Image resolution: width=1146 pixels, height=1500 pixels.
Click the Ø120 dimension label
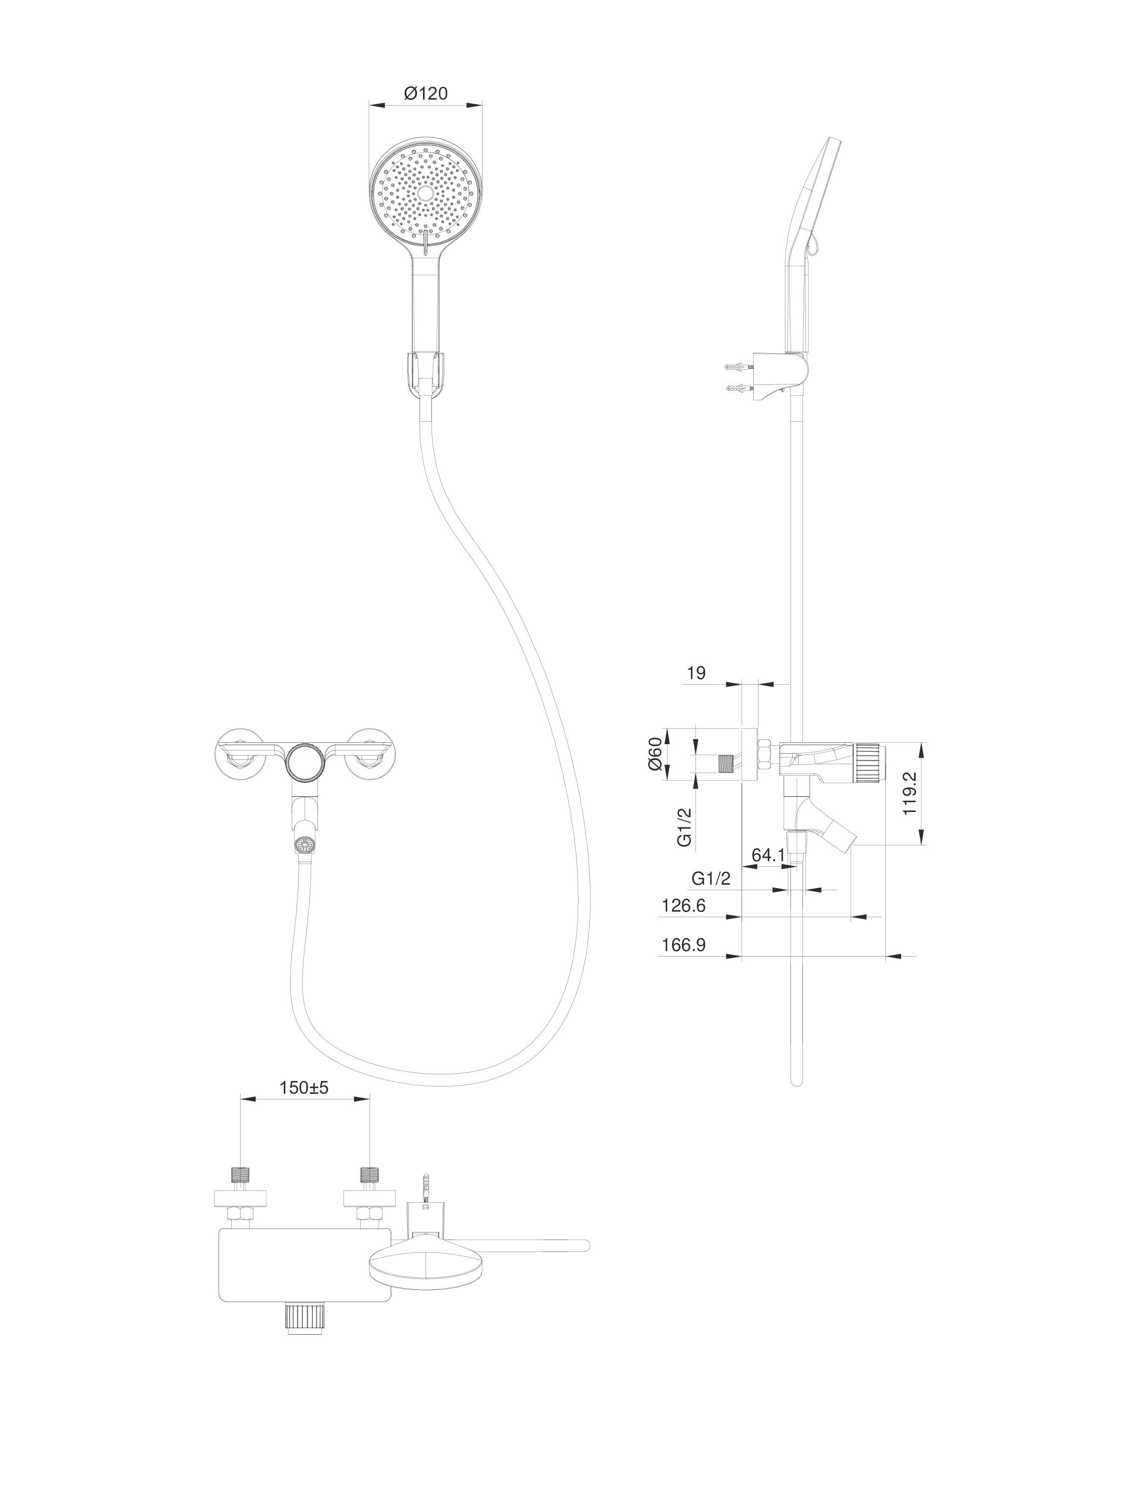pyautogui.click(x=426, y=94)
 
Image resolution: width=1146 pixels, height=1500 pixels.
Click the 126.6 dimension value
pyautogui.click(x=684, y=906)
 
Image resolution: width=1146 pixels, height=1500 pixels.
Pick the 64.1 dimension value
pyautogui.click(x=768, y=855)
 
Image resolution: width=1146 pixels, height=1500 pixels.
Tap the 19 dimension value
pyautogui.click(x=696, y=673)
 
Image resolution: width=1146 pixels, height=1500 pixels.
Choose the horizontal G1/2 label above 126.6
pyautogui.click(x=711, y=879)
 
